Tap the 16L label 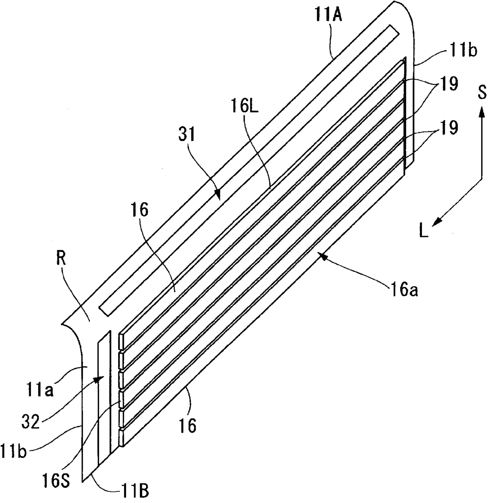245,106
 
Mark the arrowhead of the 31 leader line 217,194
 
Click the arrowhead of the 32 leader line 99,379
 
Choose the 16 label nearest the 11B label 188,424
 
